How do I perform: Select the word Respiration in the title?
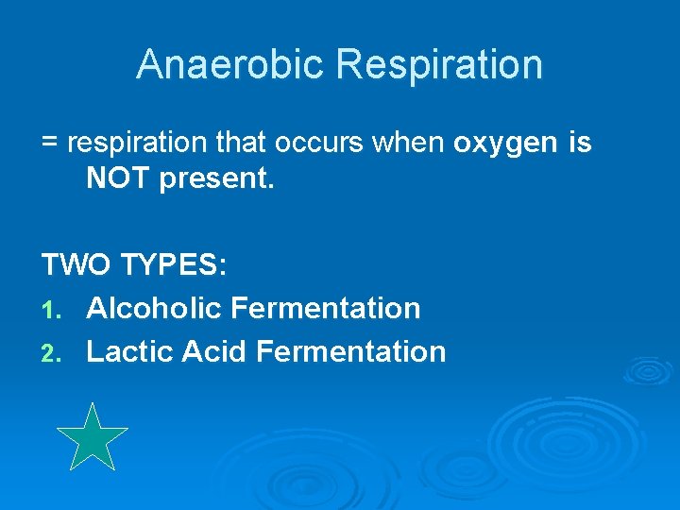coord(439,64)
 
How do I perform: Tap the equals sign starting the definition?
coord(50,144)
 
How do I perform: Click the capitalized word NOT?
coord(118,178)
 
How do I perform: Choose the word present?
coord(216,179)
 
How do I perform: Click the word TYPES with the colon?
coord(173,265)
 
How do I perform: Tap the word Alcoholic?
coord(153,308)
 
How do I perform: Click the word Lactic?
coord(129,351)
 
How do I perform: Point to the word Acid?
coord(213,351)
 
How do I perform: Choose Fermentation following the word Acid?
coord(350,351)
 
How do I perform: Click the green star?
coord(92,438)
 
